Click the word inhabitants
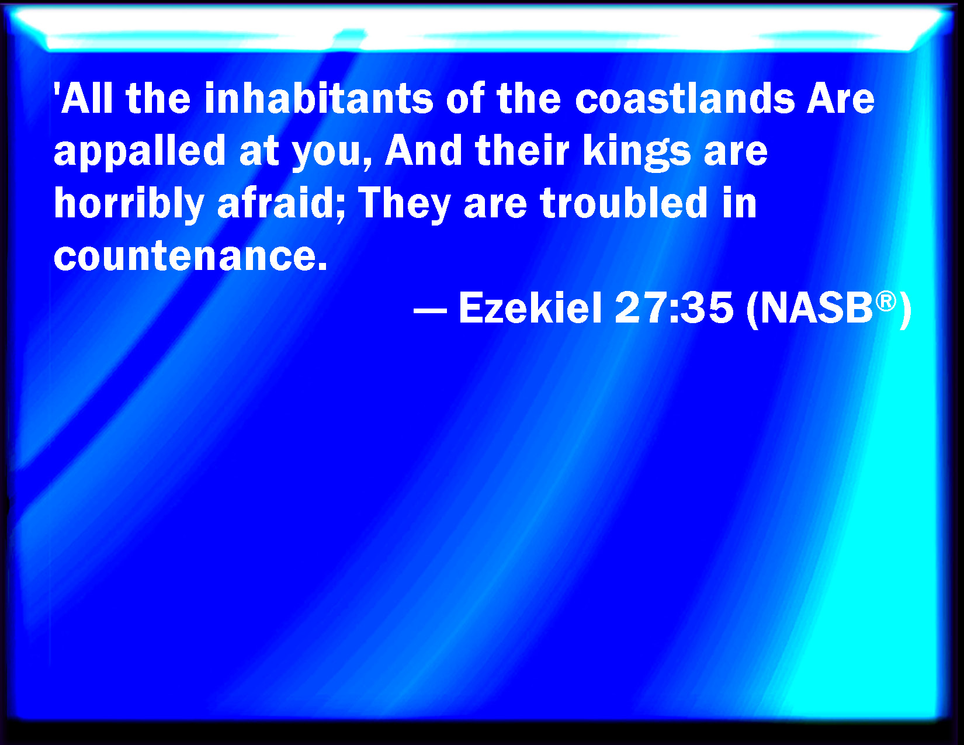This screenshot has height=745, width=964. pyautogui.click(x=318, y=98)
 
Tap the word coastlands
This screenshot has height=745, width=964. pyautogui.click(x=685, y=98)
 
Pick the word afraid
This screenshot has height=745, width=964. pyautogui.click(x=281, y=204)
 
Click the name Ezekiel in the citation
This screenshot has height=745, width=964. pyautogui.click(x=530, y=308)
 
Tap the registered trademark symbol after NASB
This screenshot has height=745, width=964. pyautogui.click(x=886, y=302)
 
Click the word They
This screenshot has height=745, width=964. pyautogui.click(x=404, y=204)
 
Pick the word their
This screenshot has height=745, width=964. pyautogui.click(x=522, y=150)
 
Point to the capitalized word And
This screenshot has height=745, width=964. pyautogui.click(x=424, y=150)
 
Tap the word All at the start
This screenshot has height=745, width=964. pyautogui.click(x=86, y=98)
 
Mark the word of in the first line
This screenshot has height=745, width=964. pyautogui.click(x=465, y=98)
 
